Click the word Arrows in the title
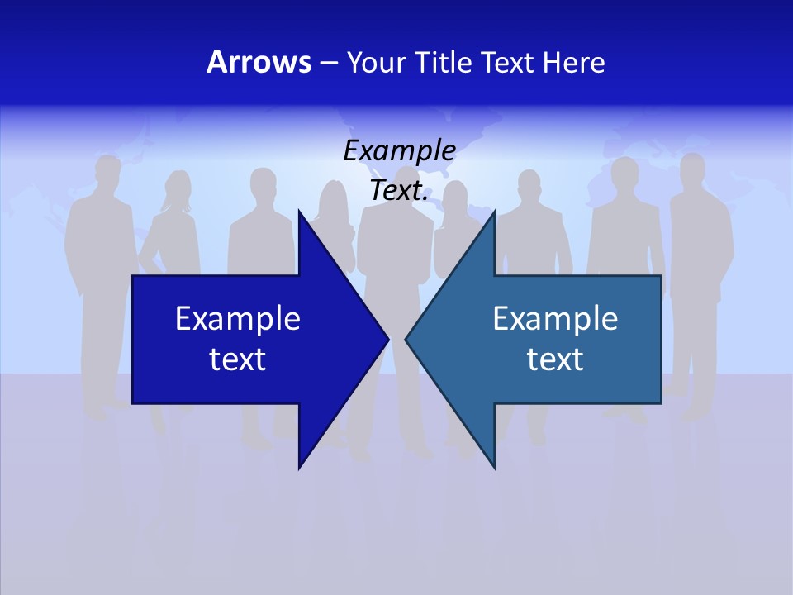pos(259,62)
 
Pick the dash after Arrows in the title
pos(329,63)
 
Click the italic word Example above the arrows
pos(399,151)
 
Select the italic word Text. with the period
pos(399,191)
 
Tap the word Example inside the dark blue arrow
pos(238,319)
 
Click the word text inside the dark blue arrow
pos(238,359)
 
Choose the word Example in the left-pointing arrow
pos(555,319)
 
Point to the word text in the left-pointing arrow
pos(555,359)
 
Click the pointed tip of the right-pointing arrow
pos(388,339)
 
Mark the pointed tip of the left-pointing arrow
pos(406,339)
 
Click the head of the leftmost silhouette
pos(107,171)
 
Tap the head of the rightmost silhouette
pos(688,172)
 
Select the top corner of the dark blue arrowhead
pos(299,211)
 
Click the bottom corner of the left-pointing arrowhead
pos(494,468)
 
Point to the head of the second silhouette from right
pos(625,173)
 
